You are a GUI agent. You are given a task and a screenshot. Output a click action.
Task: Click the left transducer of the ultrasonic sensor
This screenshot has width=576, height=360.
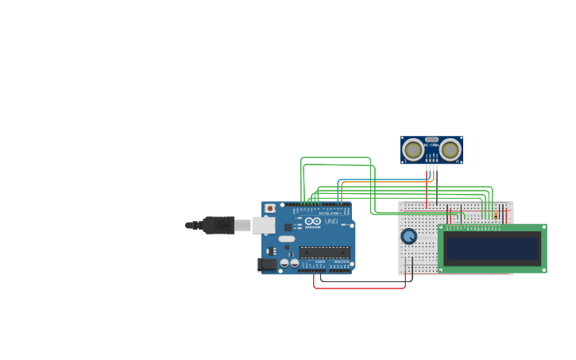(x=413, y=149)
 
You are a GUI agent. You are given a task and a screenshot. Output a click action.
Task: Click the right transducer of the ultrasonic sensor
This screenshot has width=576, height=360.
(x=450, y=149)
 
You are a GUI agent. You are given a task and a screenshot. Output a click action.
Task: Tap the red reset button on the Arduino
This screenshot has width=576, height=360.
(x=270, y=208)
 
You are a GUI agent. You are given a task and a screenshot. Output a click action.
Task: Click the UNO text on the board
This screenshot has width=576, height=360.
(x=331, y=221)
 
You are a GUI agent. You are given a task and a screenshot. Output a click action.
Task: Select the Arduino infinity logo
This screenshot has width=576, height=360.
(x=313, y=221)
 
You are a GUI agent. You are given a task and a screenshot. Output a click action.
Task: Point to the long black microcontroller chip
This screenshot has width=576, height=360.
(x=324, y=253)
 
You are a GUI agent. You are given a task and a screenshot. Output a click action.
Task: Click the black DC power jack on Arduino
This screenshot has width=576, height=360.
(x=268, y=264)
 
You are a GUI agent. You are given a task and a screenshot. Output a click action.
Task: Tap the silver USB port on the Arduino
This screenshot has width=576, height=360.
(x=263, y=226)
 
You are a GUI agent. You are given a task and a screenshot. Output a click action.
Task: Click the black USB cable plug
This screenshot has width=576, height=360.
(x=218, y=226)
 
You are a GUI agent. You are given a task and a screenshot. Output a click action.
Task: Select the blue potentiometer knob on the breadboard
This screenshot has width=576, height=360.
(x=409, y=236)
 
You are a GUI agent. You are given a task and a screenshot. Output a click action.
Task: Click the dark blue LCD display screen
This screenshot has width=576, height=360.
(x=493, y=249)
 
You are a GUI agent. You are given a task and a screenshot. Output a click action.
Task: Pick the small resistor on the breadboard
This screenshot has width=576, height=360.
(x=496, y=215)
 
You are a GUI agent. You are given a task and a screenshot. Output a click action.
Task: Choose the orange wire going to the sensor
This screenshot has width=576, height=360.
(x=381, y=182)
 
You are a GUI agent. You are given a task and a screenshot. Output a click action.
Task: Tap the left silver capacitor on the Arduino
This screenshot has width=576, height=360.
(x=284, y=262)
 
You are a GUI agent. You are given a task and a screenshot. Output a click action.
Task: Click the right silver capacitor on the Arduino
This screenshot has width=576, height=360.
(x=294, y=262)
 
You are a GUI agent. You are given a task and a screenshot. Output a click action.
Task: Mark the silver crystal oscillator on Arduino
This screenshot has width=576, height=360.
(x=286, y=239)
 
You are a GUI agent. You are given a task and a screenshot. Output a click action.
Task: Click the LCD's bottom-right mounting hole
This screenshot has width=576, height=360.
(x=543, y=269)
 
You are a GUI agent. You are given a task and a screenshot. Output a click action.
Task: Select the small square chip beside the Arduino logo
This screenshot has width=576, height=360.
(x=288, y=227)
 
